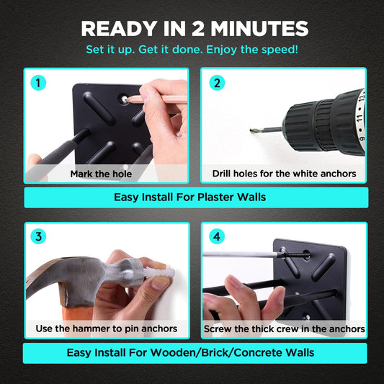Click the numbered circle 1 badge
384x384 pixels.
point(38,83)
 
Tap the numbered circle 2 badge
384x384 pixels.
point(217,83)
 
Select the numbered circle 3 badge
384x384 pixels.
point(38,236)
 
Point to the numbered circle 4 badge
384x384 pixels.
point(217,236)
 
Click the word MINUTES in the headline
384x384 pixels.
point(259,29)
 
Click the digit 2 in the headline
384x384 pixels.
point(198,29)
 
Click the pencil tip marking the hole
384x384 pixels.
point(125,99)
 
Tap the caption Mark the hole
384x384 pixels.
point(101,174)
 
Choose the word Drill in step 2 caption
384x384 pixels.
point(221,174)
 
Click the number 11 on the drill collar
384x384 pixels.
point(360,118)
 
